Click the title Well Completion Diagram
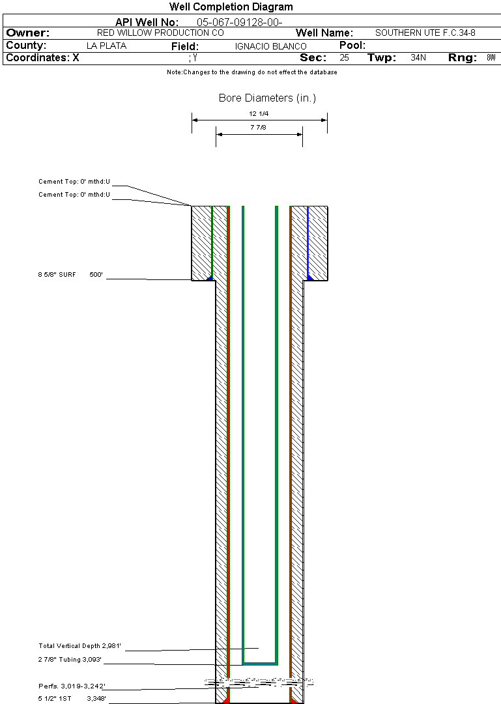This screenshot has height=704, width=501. (231, 7)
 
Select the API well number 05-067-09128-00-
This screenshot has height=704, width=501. (240, 22)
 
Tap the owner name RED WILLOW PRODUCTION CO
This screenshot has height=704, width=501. (160, 33)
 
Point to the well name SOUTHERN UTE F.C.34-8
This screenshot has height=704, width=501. (425, 33)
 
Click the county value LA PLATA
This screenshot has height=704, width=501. (106, 46)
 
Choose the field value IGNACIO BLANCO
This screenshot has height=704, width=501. (270, 46)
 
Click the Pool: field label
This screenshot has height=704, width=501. (352, 46)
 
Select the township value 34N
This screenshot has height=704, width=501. (418, 57)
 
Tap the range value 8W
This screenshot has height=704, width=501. (491, 57)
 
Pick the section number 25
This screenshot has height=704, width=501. (344, 57)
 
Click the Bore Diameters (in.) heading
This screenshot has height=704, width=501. (267, 98)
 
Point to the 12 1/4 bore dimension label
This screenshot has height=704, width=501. (259, 113)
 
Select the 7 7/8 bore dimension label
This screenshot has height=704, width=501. (259, 128)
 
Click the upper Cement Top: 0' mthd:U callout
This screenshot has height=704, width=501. (74, 182)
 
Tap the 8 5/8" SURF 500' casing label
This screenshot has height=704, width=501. (70, 274)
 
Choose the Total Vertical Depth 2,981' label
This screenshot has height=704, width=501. (79, 645)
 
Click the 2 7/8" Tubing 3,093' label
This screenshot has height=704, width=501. (70, 660)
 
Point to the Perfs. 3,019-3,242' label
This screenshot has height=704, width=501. (72, 686)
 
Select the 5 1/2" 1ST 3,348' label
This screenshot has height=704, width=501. (72, 698)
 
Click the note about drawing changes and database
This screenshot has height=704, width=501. (252, 72)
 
